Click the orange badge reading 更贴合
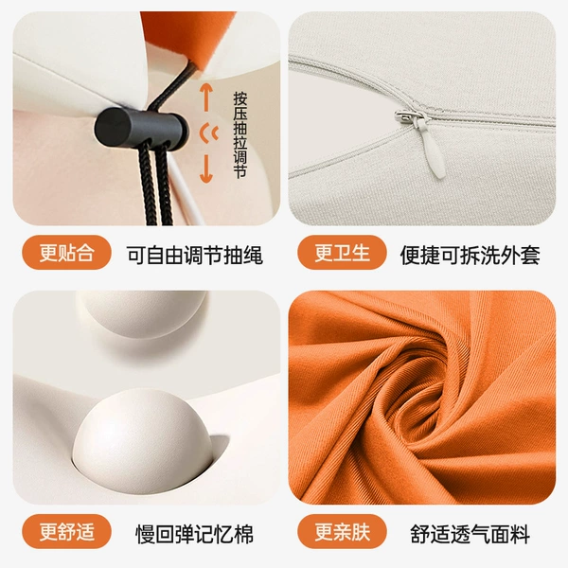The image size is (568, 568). point(66,253)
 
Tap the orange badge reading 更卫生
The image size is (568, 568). point(342,253)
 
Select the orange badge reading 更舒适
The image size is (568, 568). point(66,531)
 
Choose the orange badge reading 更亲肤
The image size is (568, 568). point(342,531)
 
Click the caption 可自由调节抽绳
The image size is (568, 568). point(194,255)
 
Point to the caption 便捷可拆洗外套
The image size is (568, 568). point(470,255)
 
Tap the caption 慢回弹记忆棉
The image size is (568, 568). point(194,534)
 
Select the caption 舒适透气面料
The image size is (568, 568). point(470,534)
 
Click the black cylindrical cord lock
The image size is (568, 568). point(141,128)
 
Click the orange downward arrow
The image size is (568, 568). point(206,169)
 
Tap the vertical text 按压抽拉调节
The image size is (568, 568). point(240,134)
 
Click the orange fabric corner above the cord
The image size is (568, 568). point(188,40)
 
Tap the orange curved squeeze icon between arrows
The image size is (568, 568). point(209,133)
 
